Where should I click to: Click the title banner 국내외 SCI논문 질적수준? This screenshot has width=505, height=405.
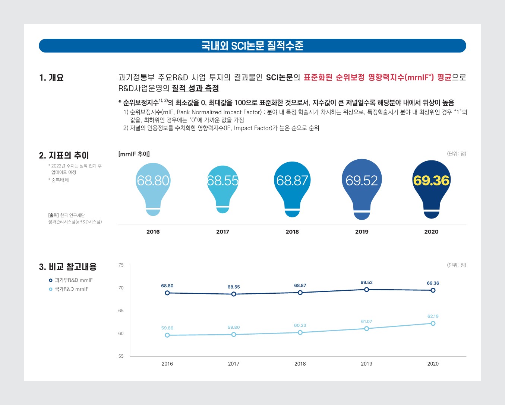pyautogui.click(x=252, y=46)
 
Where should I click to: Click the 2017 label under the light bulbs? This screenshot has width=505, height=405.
pyautogui.click(x=222, y=232)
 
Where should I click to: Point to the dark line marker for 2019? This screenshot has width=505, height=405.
pyautogui.click(x=366, y=290)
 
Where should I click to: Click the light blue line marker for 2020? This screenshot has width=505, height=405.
pyautogui.click(x=433, y=323)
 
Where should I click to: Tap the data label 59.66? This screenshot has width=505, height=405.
pyautogui.click(x=167, y=328)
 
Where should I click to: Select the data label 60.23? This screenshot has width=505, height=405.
pyautogui.click(x=300, y=325)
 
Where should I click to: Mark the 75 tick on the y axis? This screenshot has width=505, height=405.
pyautogui.click(x=121, y=265)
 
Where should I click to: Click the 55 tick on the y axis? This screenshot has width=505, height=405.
pyautogui.click(x=121, y=356)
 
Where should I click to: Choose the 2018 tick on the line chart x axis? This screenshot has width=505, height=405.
pyautogui.click(x=300, y=364)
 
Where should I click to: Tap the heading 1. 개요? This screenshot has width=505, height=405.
pyautogui.click(x=51, y=78)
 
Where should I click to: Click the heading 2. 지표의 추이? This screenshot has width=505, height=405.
pyautogui.click(x=64, y=156)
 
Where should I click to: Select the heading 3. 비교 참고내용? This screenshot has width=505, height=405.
pyautogui.click(x=67, y=267)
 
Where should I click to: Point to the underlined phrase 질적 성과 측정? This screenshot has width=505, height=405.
pyautogui.click(x=195, y=89)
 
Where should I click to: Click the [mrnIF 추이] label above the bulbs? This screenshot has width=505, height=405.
pyautogui.click(x=134, y=154)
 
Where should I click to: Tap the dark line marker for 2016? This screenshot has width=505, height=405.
pyautogui.click(x=167, y=293)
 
